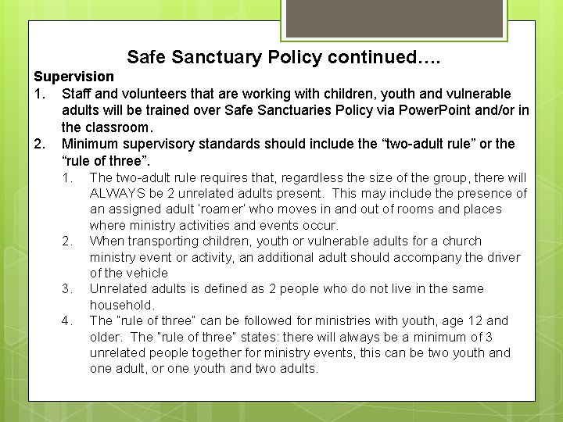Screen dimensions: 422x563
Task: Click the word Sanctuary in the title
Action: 217,57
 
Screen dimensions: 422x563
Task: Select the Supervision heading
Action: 74,77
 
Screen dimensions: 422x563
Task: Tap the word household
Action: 120,305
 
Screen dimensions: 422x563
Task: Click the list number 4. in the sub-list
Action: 68,320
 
